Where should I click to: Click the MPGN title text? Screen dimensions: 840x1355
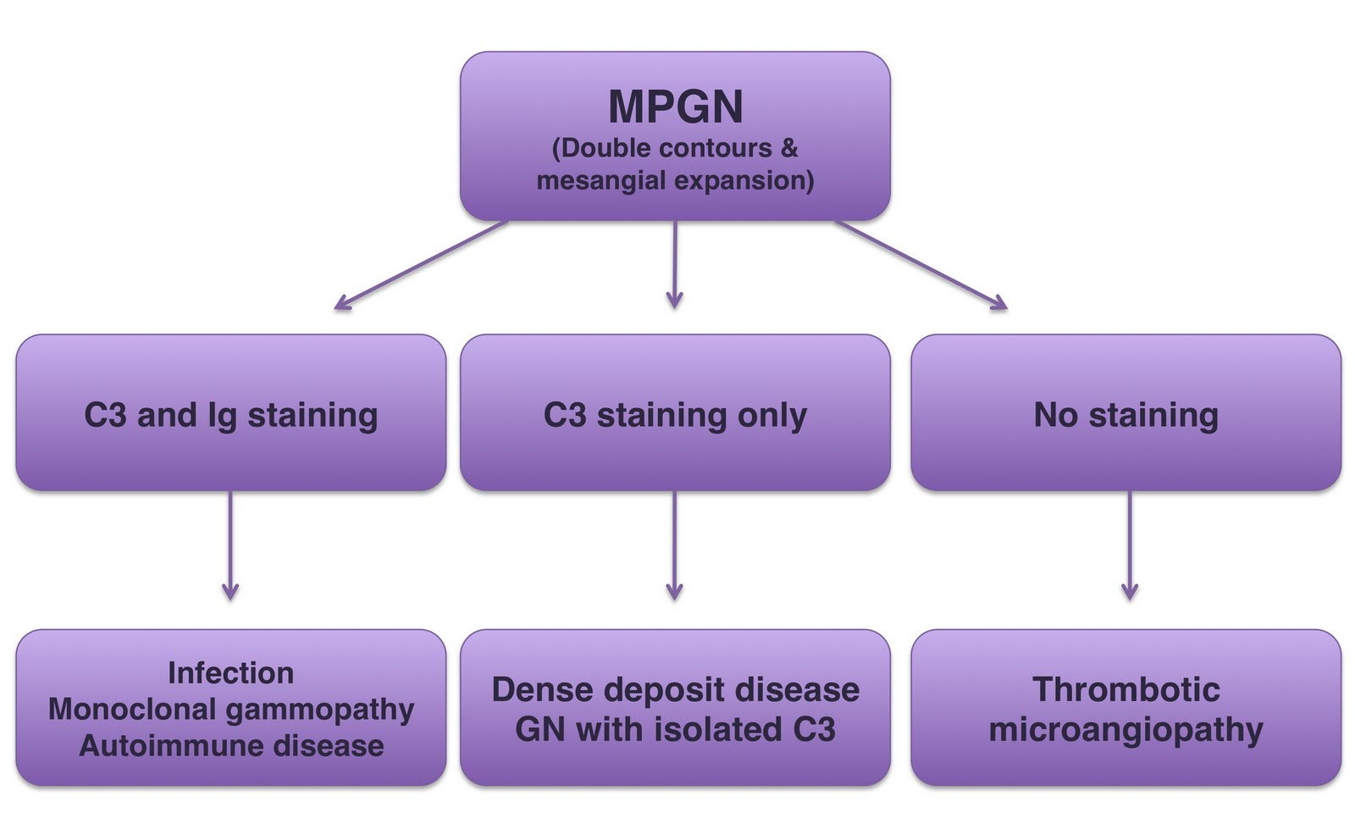(675, 107)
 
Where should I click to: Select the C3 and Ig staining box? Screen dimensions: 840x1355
(230, 414)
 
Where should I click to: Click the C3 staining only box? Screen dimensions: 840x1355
(675, 414)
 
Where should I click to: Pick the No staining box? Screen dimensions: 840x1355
(1125, 414)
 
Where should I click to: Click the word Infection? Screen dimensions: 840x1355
(230, 673)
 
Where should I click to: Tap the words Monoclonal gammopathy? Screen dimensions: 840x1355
(230, 710)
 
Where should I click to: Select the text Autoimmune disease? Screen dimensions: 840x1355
(230, 746)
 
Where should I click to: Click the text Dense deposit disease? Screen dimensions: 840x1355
(675, 690)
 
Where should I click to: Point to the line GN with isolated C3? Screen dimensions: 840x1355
(675, 730)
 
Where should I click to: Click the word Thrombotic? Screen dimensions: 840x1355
(1125, 690)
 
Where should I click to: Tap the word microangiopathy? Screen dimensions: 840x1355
(1125, 730)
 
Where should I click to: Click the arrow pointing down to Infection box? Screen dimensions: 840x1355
(230, 546)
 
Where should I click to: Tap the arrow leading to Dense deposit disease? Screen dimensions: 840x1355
(675, 546)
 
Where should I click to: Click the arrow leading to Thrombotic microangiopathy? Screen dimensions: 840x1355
(1129, 546)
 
